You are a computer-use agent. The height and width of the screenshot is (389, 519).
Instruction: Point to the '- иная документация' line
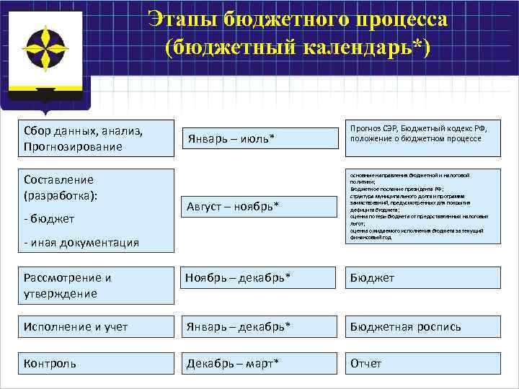(81, 243)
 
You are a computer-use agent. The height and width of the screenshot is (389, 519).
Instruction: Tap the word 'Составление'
(58, 180)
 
